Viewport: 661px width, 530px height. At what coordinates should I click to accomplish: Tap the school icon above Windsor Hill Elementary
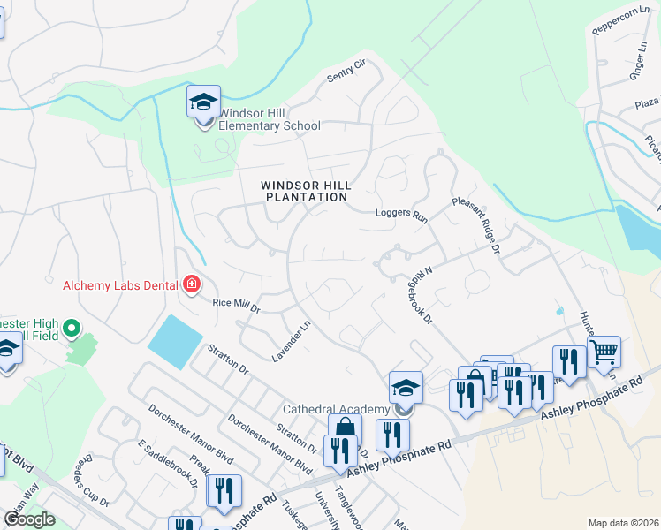click(203, 102)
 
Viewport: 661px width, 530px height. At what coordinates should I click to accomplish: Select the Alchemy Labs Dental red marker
click(191, 284)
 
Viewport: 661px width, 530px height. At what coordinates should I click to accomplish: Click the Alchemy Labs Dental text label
click(120, 285)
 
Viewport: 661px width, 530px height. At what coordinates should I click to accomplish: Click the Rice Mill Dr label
click(237, 306)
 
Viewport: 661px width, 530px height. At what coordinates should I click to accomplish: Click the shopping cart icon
click(604, 352)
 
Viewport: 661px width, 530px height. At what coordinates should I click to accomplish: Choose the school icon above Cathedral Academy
click(406, 388)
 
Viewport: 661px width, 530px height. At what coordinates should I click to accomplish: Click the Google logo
click(28, 519)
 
